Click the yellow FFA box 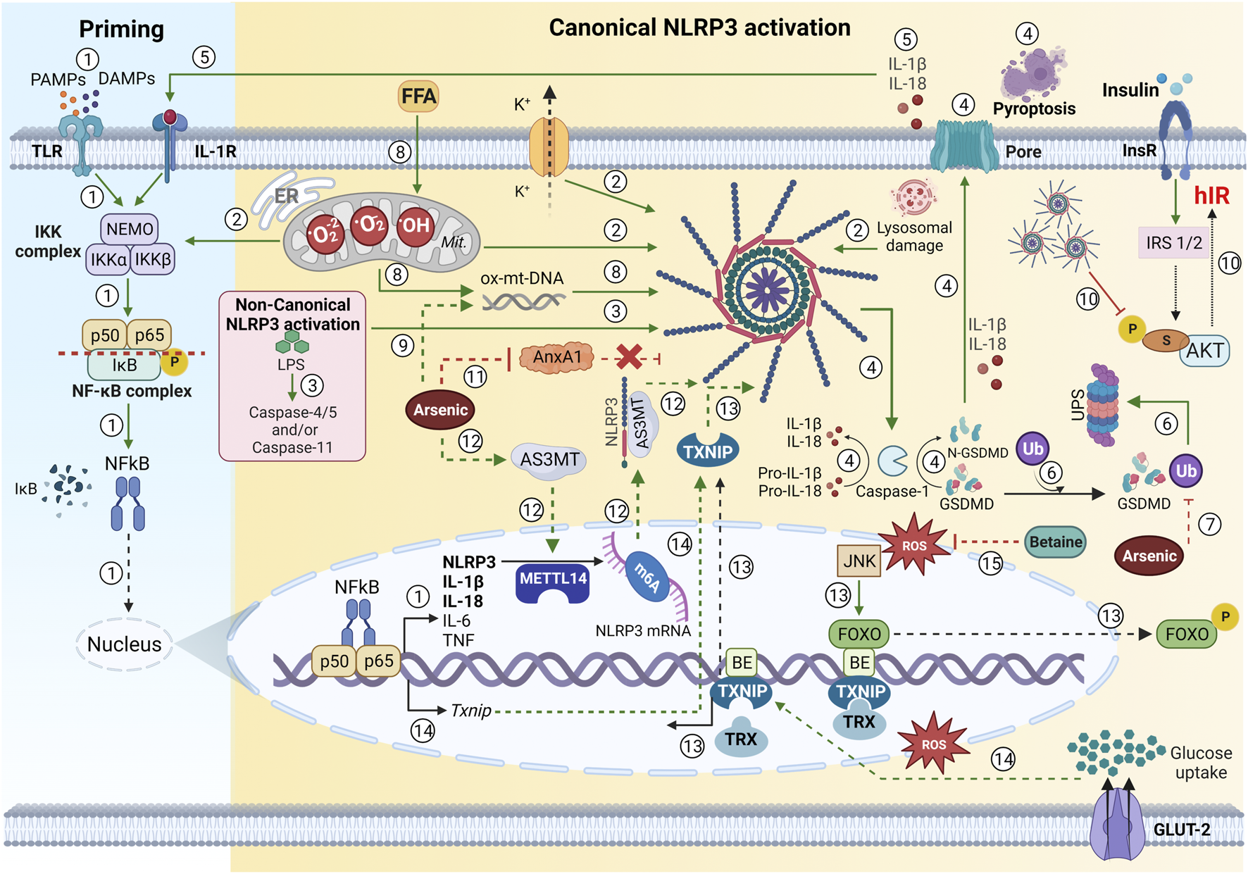click(x=418, y=96)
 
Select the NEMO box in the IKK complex click(x=130, y=229)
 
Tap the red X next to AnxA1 click(x=628, y=357)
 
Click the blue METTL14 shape click(x=553, y=582)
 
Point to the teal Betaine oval click(x=1055, y=542)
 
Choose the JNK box click(x=859, y=561)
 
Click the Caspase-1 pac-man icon click(x=892, y=461)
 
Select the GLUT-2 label click(x=1181, y=830)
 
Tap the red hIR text click(x=1211, y=195)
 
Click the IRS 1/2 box click(x=1173, y=243)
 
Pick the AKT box click(x=1204, y=351)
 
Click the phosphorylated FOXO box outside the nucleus click(x=1187, y=634)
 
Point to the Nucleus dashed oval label click(x=124, y=644)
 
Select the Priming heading click(x=121, y=29)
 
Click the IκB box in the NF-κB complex click(x=125, y=365)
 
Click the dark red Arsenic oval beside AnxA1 click(x=440, y=410)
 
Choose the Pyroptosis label click(x=1034, y=108)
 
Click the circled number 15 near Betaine click(x=990, y=563)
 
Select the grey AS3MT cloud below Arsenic click(x=549, y=460)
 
